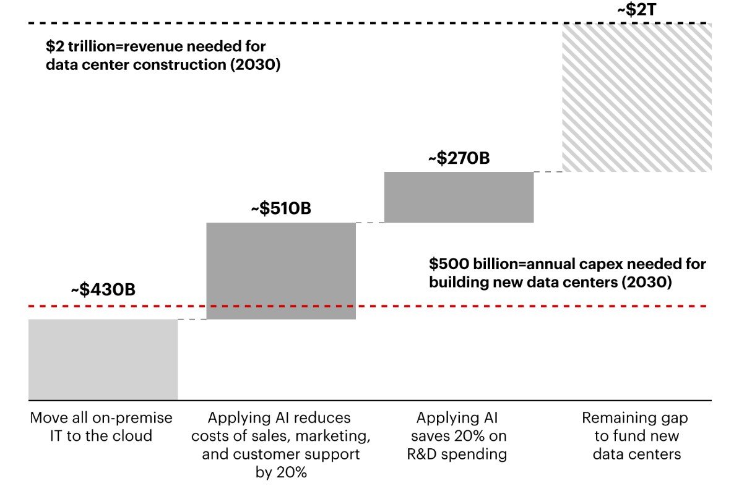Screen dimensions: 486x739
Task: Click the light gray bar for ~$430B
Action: (x=103, y=359)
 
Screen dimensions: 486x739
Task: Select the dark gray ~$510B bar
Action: (x=281, y=271)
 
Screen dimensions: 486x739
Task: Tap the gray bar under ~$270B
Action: (x=459, y=197)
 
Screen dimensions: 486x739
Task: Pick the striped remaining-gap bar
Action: (x=637, y=97)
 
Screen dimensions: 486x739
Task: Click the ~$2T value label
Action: (x=636, y=10)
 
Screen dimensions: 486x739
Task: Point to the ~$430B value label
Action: (x=103, y=289)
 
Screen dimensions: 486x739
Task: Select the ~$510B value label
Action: (x=281, y=209)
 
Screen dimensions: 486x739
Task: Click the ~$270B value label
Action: (x=459, y=158)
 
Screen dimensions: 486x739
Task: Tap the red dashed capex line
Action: (x=433, y=306)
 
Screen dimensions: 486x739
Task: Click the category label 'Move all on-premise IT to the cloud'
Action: (x=102, y=427)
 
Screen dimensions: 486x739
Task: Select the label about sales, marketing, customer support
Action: (x=281, y=445)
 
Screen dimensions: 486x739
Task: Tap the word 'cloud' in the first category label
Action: (x=132, y=436)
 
